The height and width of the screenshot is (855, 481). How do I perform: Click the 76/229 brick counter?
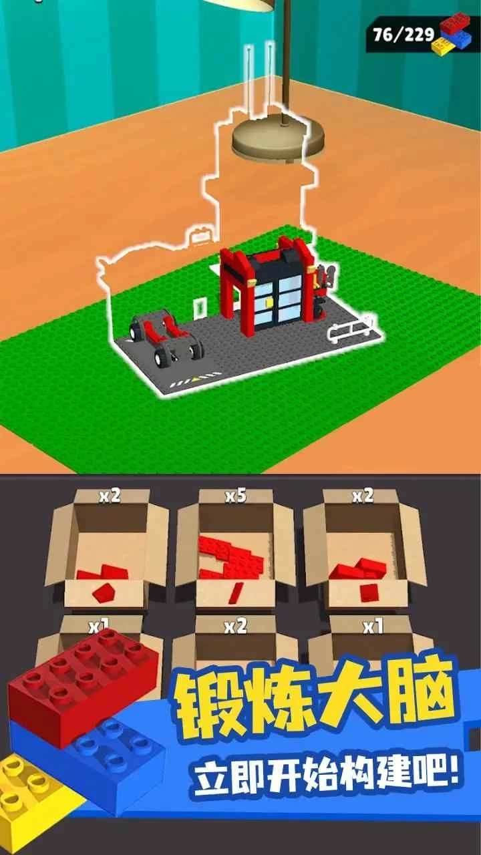point(404,35)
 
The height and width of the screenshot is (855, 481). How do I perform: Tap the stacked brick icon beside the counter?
point(455,33)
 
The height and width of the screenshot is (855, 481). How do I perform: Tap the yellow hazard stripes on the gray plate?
point(195,379)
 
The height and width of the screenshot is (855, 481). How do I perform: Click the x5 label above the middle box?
point(236,496)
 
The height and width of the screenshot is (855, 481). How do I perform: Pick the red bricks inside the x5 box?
point(231,558)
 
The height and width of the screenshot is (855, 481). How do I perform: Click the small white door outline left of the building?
point(200,308)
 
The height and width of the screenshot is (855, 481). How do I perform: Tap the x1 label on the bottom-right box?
point(373,627)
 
